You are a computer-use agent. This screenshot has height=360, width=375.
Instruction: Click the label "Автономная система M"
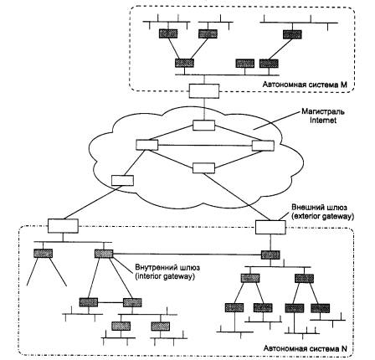pyautogui.click(x=305, y=85)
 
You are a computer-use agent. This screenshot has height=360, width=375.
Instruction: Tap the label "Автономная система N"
pyautogui.click(x=306, y=348)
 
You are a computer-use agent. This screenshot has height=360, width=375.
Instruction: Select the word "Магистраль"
pyautogui.click(x=323, y=112)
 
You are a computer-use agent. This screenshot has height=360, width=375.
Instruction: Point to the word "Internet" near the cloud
pyautogui.click(x=323, y=121)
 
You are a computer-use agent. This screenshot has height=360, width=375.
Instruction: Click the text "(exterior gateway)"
pyautogui.click(x=322, y=217)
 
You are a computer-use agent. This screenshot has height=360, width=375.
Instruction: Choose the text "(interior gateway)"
pyautogui.click(x=165, y=276)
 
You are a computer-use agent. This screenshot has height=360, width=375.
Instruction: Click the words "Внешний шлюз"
pyautogui.click(x=320, y=208)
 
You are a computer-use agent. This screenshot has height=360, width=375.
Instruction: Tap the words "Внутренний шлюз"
pyautogui.click(x=167, y=267)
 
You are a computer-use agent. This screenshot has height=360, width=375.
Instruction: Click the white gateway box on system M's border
pyautogui.click(x=204, y=90)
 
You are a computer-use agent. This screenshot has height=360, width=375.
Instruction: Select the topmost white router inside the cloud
pyautogui.click(x=203, y=126)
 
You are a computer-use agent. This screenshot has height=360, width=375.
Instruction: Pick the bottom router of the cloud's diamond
pyautogui.click(x=203, y=168)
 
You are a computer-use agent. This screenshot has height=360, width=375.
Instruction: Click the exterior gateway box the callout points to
pyautogui.click(x=270, y=227)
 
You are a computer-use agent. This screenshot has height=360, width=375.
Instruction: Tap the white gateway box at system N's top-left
pyautogui.click(x=63, y=226)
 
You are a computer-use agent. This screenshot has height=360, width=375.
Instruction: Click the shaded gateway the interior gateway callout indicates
pyautogui.click(x=104, y=254)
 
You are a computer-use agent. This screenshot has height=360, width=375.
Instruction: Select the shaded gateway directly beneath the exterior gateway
pyautogui.click(x=270, y=255)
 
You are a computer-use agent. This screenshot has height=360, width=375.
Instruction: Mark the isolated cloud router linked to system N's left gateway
pyautogui.click(x=122, y=180)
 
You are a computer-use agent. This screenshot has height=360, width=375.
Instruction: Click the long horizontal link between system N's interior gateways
pyautogui.click(x=187, y=255)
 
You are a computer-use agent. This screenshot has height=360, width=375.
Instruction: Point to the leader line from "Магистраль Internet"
pyautogui.click(x=275, y=121)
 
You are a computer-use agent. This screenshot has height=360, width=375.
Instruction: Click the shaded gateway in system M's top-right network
pyautogui.click(x=292, y=34)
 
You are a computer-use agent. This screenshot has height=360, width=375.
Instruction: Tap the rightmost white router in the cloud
pyautogui.click(x=263, y=146)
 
